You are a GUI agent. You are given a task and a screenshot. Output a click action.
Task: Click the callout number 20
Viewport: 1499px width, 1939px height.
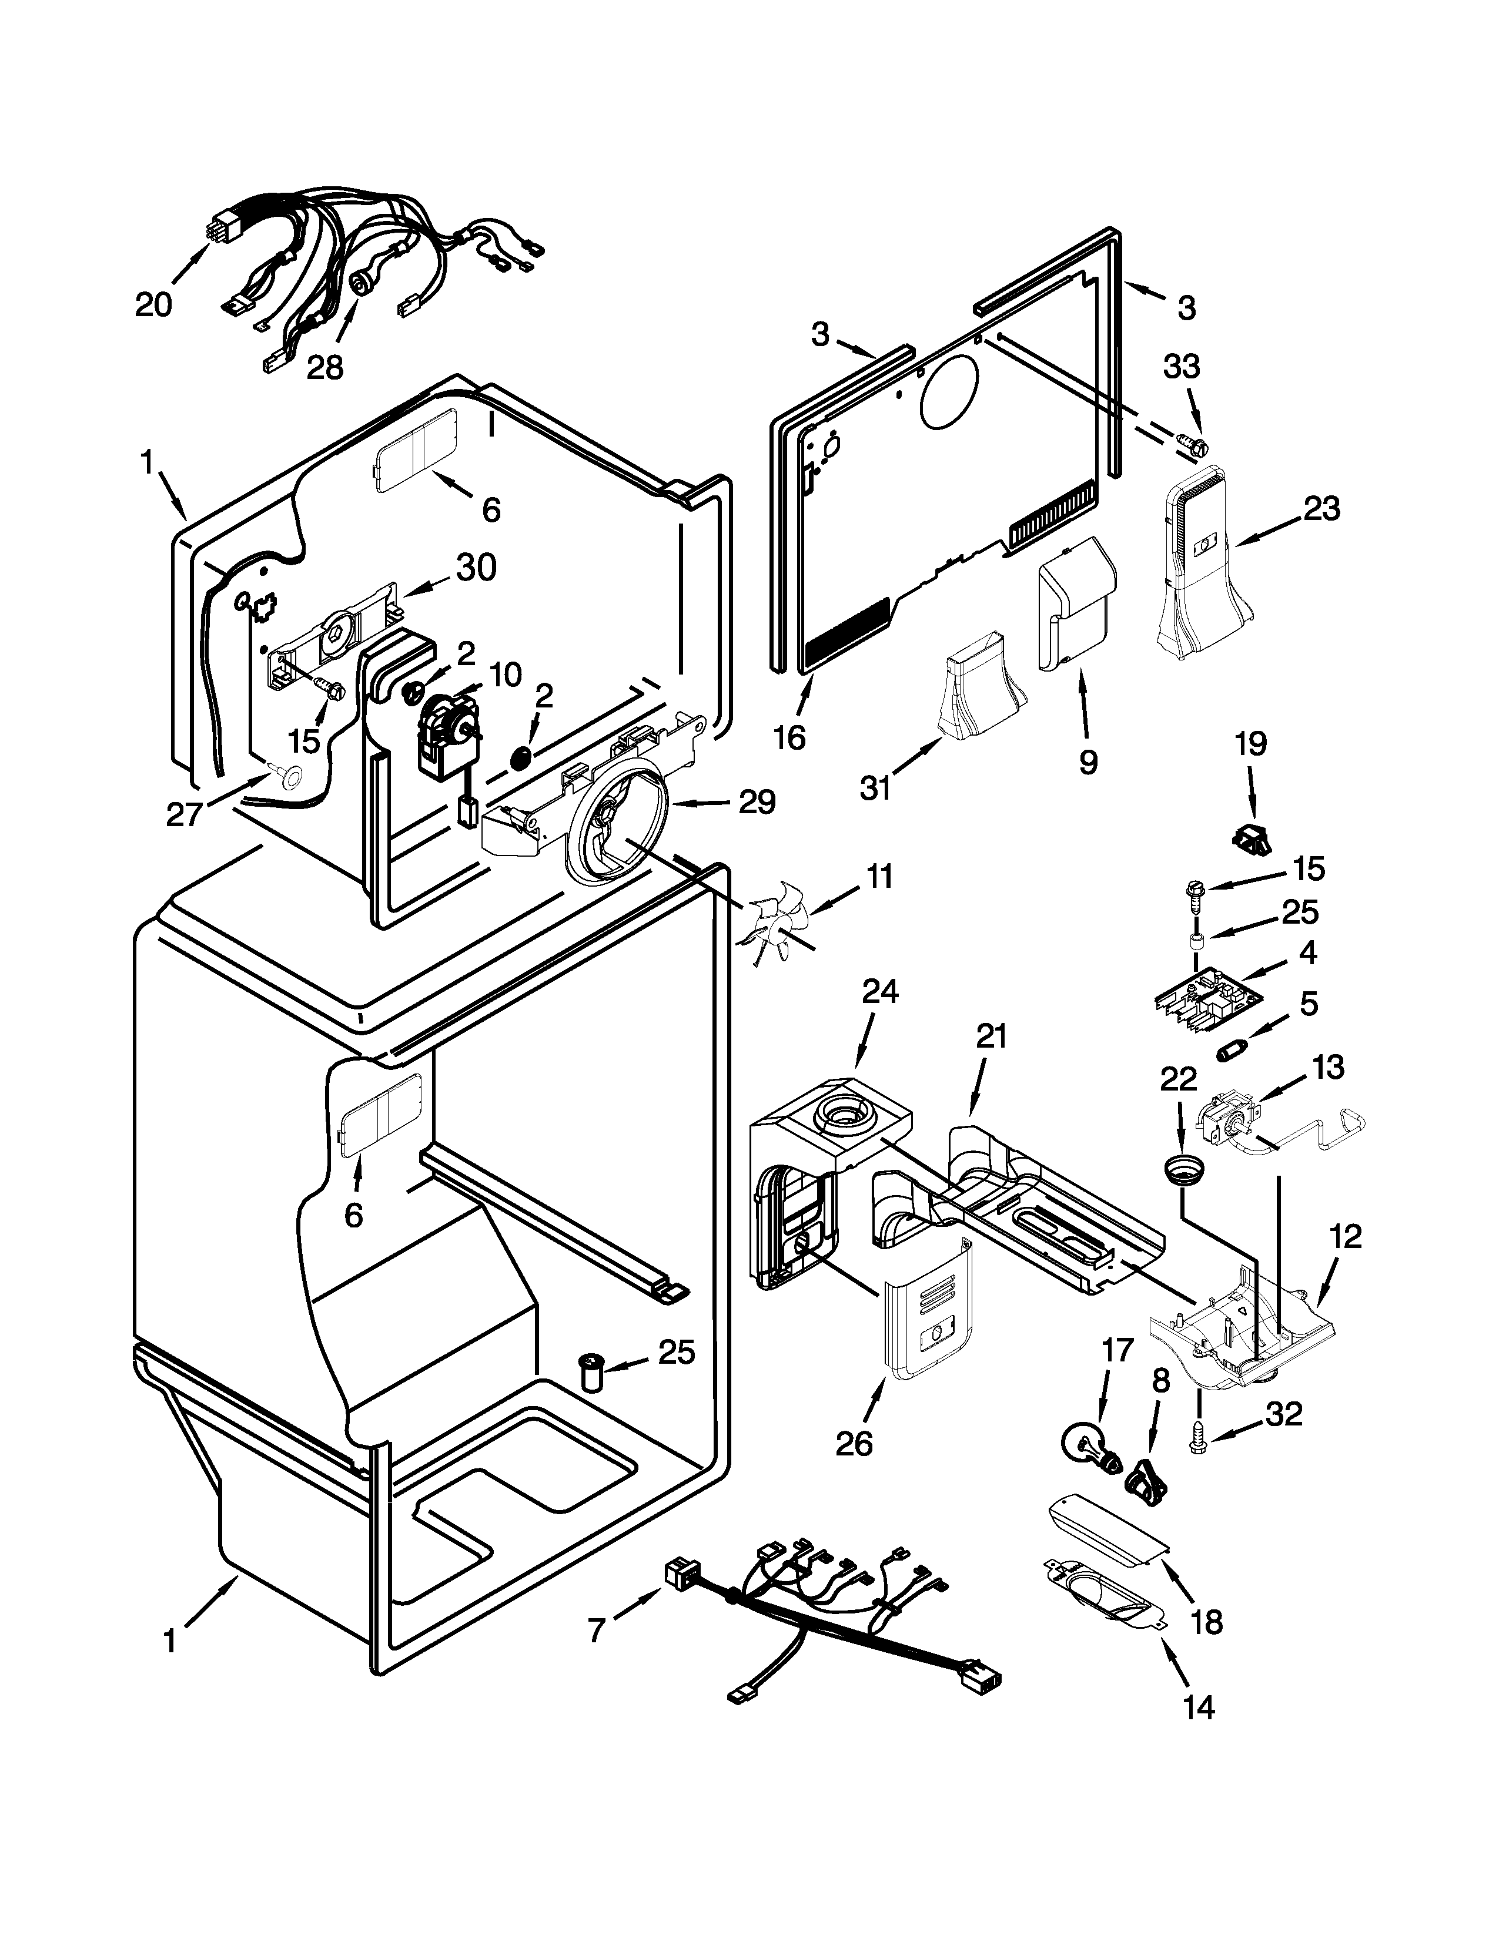pos(153,304)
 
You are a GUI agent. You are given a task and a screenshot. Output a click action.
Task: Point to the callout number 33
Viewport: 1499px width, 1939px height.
pos(1181,366)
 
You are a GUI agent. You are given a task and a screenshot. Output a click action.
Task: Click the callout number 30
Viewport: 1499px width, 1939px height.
pos(476,568)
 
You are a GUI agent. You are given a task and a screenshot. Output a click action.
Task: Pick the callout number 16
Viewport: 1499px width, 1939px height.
pos(788,736)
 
